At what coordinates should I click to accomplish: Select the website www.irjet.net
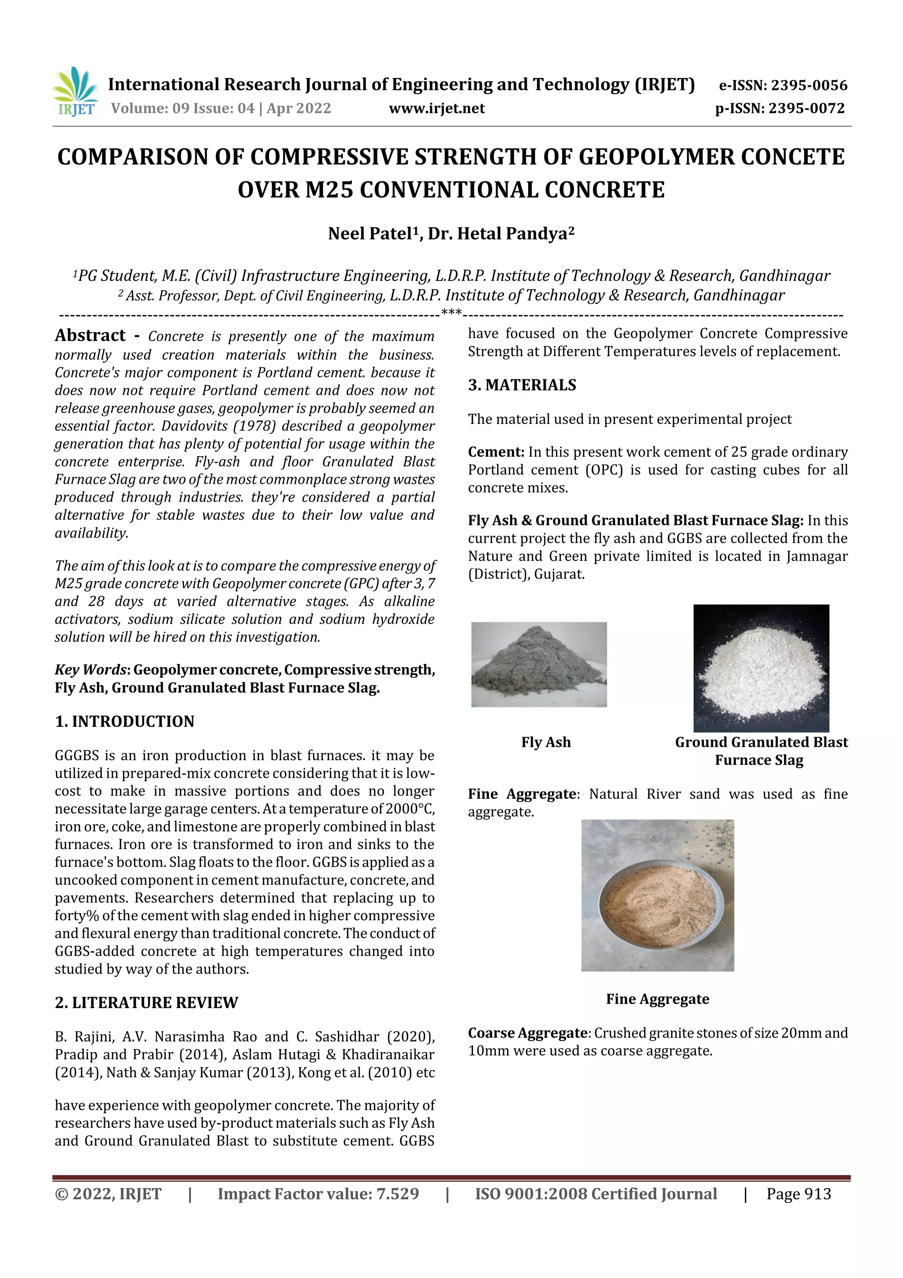pyautogui.click(x=437, y=109)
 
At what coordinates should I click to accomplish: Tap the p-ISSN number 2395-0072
pyautogui.click(x=807, y=109)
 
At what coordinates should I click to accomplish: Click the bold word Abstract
pyautogui.click(x=90, y=336)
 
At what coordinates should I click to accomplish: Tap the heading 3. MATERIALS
pyautogui.click(x=522, y=385)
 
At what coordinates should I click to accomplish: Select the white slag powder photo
pyautogui.click(x=761, y=668)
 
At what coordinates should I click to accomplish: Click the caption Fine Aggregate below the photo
pyautogui.click(x=657, y=999)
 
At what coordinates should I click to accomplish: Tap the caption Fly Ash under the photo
pyautogui.click(x=546, y=742)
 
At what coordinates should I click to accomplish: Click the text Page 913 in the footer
pyautogui.click(x=799, y=1193)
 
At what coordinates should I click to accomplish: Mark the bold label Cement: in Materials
pyautogui.click(x=496, y=452)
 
